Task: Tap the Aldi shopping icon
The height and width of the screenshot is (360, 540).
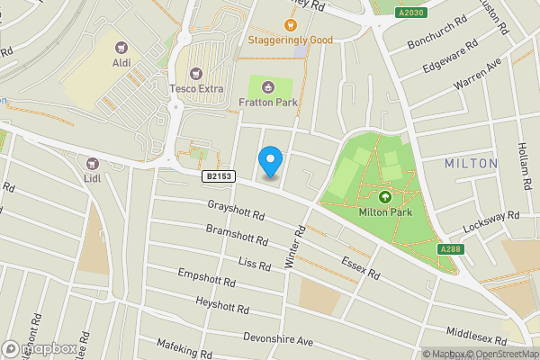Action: click(x=121, y=45)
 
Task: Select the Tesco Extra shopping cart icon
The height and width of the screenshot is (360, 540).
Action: click(x=196, y=73)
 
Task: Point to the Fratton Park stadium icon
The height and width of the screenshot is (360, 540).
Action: click(x=269, y=86)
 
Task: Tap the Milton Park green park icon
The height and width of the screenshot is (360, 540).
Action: click(x=385, y=197)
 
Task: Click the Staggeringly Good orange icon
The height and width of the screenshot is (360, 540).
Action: click(x=290, y=25)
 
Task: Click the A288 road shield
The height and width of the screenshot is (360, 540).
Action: click(x=451, y=249)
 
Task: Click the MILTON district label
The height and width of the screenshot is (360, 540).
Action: click(x=471, y=163)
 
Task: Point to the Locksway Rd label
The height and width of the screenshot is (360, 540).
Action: click(x=490, y=221)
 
